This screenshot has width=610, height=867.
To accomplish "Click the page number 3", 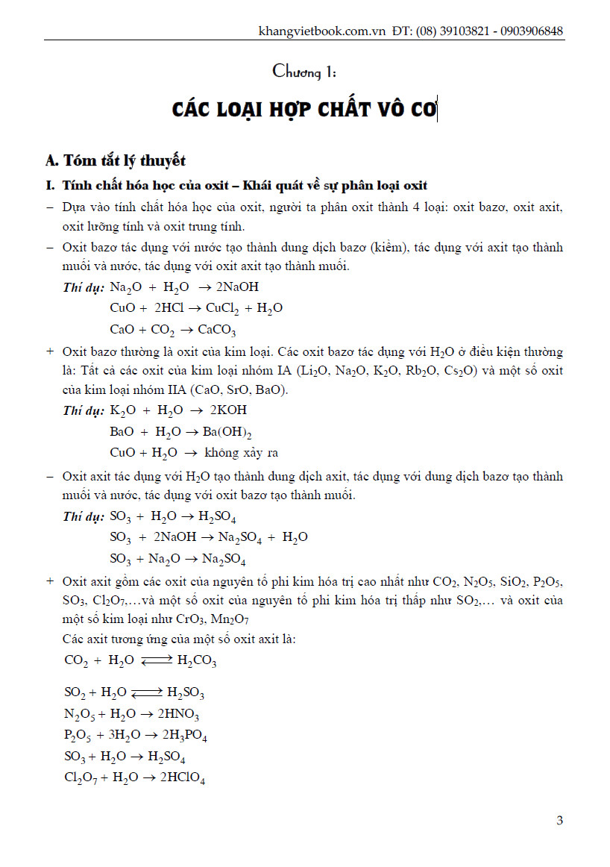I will [x=559, y=821].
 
